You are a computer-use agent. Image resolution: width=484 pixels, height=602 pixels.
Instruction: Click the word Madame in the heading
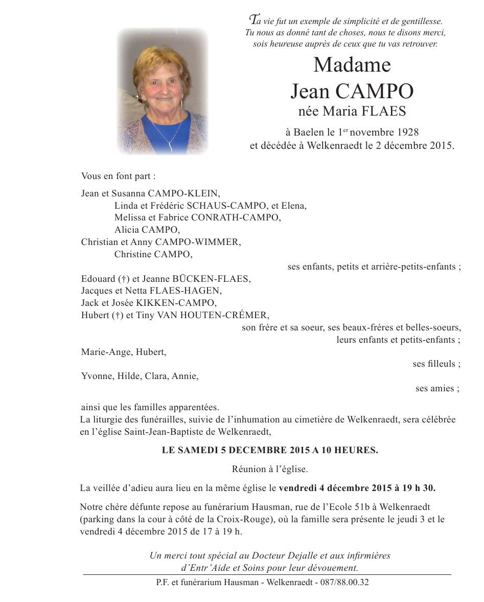pyautogui.click(x=352, y=65)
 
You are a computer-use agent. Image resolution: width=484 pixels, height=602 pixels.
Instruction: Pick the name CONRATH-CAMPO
pyautogui.click(x=239, y=217)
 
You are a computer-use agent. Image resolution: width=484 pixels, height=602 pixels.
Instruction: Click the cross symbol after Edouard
pyautogui.click(x=123, y=279)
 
